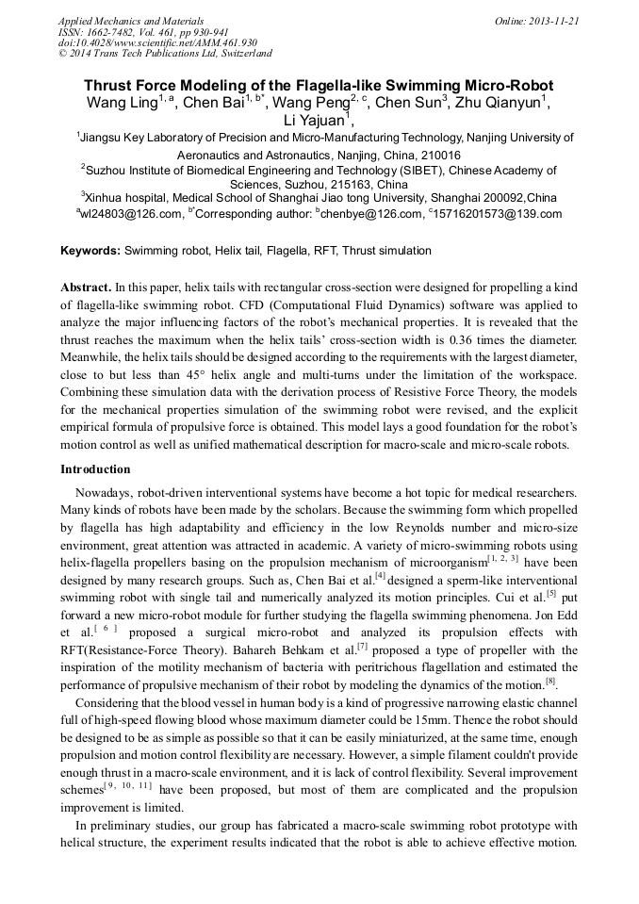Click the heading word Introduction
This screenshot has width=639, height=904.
pyautogui.click(x=95, y=469)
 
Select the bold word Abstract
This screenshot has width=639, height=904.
pyautogui.click(x=86, y=286)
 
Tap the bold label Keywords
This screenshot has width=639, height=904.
pyautogui.click(x=90, y=251)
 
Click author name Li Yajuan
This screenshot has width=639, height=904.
pyautogui.click(x=314, y=121)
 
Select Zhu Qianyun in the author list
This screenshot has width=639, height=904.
pyautogui.click(x=500, y=103)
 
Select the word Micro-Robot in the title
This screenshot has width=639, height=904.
pyautogui.click(x=505, y=85)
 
